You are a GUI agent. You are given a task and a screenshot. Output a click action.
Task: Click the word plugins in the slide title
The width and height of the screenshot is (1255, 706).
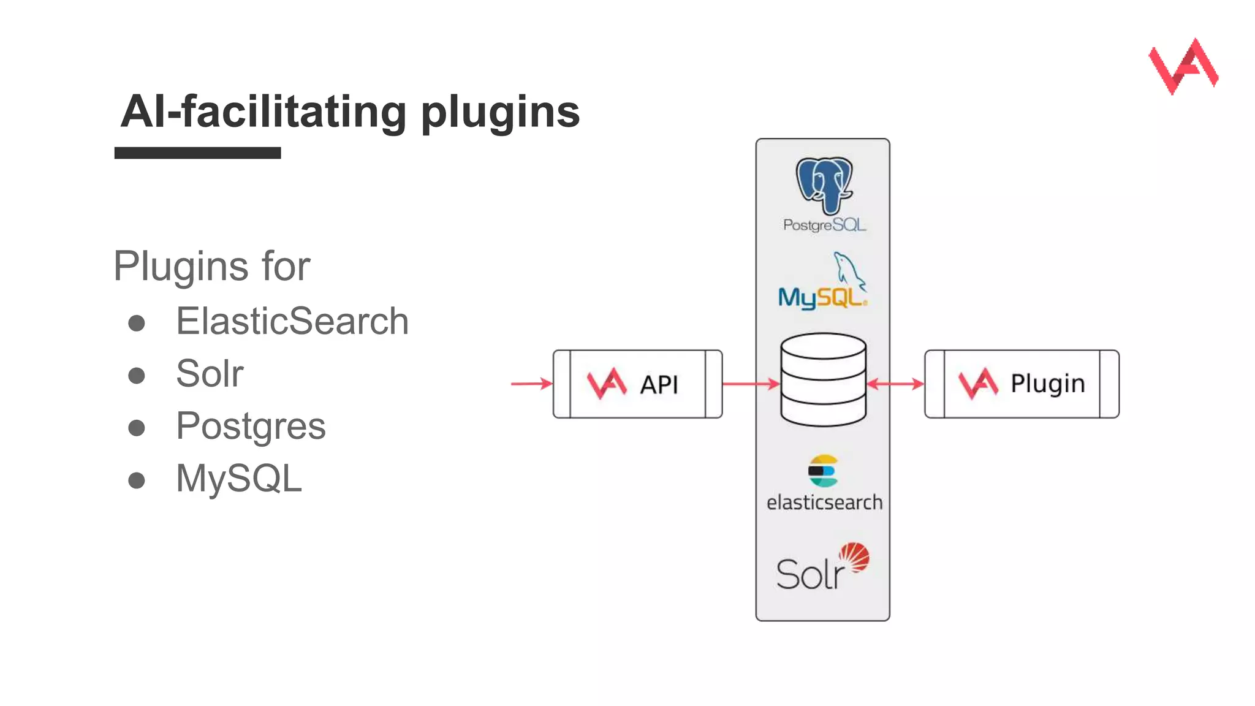pyautogui.click(x=500, y=113)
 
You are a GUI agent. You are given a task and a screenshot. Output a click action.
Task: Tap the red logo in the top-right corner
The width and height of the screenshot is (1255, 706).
pyautogui.click(x=1183, y=66)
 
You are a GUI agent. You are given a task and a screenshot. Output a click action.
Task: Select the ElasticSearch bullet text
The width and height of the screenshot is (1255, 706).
pyautogui.click(x=292, y=321)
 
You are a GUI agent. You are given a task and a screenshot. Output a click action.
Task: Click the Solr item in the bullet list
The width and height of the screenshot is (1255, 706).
pyautogui.click(x=210, y=373)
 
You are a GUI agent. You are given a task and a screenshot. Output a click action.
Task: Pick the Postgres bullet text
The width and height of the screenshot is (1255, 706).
pyautogui.click(x=251, y=426)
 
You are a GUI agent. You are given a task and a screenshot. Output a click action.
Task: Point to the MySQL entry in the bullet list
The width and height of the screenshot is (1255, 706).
pyautogui.click(x=239, y=478)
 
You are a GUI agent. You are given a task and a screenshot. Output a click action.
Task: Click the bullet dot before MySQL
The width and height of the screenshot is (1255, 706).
pyautogui.click(x=137, y=480)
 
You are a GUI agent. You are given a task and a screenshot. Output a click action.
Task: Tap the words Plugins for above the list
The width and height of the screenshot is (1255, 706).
pyautogui.click(x=212, y=267)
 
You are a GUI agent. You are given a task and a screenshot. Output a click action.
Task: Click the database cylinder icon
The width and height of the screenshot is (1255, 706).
pyautogui.click(x=823, y=380)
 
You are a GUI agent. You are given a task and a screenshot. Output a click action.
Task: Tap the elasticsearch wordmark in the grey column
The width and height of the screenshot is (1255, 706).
pyautogui.click(x=824, y=503)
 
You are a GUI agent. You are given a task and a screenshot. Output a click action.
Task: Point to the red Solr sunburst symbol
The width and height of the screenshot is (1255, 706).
pyautogui.click(x=854, y=557)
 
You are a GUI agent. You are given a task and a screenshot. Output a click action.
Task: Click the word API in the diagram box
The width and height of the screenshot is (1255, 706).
pyautogui.click(x=659, y=385)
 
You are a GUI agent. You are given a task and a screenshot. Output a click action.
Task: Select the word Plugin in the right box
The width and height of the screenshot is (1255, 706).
pyautogui.click(x=1047, y=384)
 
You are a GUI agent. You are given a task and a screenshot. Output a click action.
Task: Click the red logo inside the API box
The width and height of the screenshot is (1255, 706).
pyautogui.click(x=607, y=384)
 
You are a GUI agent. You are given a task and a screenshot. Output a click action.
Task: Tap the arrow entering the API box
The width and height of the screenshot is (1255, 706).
pyautogui.click(x=531, y=384)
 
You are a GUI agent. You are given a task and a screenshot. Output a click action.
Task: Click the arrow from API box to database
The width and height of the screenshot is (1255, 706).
pyautogui.click(x=751, y=384)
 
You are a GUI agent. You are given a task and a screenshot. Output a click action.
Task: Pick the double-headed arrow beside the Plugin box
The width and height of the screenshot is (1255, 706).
pyautogui.click(x=895, y=384)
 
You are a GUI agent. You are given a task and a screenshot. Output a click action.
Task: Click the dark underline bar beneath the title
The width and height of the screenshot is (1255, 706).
pyautogui.click(x=197, y=153)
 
